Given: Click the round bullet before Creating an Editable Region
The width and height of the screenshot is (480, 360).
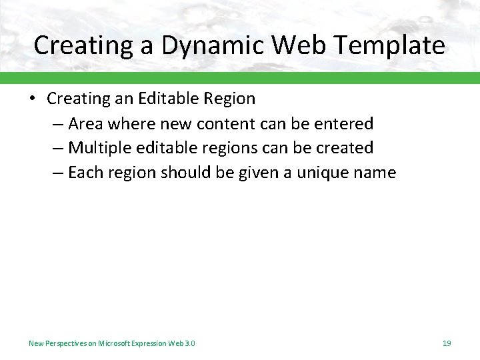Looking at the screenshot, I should pos(32,99).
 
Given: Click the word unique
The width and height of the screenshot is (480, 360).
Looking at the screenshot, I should pos(325,173).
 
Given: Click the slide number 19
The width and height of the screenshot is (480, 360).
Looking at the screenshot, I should pos(446,343).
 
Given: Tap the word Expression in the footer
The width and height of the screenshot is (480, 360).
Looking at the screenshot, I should pos(150,343).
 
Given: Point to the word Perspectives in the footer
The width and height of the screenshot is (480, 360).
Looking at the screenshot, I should pos(64,343).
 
